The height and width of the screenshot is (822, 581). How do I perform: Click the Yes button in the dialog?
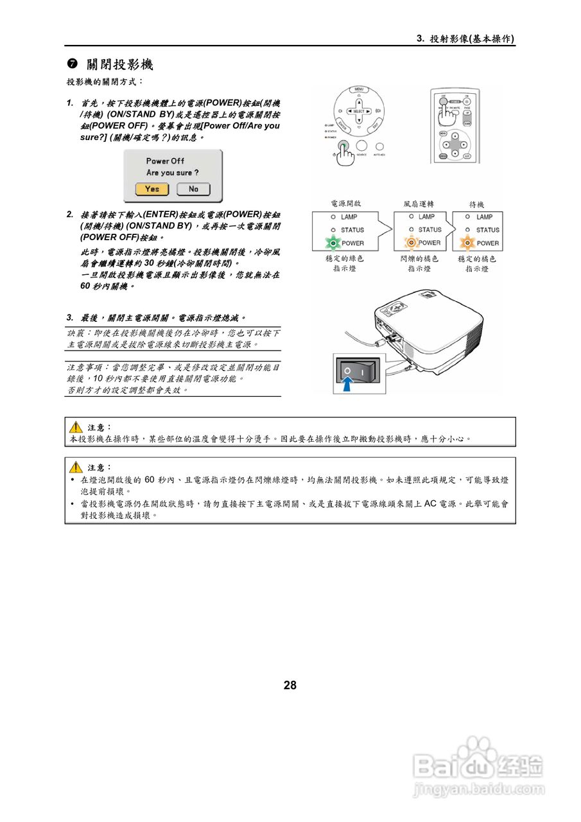pos(152,189)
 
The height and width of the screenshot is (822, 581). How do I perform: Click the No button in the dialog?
pos(193,189)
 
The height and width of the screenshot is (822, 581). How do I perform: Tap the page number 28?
pos(290,685)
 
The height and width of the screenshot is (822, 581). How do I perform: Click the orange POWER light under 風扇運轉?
pos(410,243)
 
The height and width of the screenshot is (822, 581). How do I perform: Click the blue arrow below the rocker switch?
pos(347,384)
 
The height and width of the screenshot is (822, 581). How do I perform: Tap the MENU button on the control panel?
pos(360,88)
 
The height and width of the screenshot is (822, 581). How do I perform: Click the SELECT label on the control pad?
pos(359,111)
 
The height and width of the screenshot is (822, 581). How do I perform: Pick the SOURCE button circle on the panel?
pos(362,147)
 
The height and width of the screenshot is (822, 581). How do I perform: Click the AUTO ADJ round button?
pos(379,147)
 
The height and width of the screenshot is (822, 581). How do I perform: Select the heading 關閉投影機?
pos(120,65)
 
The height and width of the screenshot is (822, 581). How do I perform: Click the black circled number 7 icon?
pos(73,65)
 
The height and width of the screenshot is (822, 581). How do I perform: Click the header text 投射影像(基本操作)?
pos(472,39)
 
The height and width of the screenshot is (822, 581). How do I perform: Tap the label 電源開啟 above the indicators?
pos(345,204)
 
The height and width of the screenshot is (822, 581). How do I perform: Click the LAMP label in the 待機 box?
pos(485,217)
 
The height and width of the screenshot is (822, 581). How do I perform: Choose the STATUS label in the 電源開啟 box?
pos(352,230)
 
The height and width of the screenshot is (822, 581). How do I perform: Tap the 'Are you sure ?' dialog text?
pos(172,173)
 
